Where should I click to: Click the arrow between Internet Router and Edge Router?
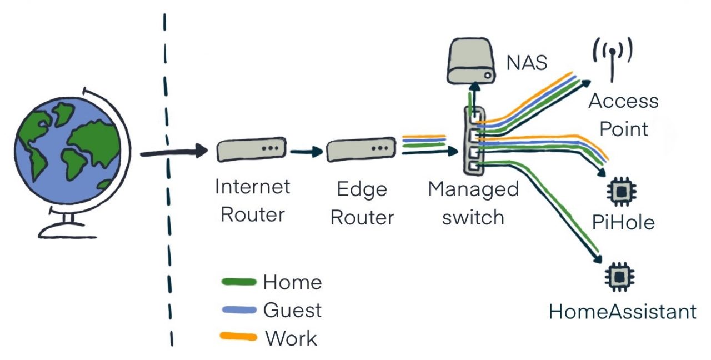[306, 151]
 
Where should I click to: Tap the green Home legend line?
[239, 282]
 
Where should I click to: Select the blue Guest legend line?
[239, 309]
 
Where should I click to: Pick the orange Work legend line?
[239, 337]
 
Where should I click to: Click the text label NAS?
[527, 63]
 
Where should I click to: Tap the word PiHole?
[623, 222]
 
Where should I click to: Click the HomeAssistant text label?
[622, 312]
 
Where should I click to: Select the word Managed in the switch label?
[473, 189]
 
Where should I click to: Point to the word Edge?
[362, 190]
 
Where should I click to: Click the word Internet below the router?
[253, 187]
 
